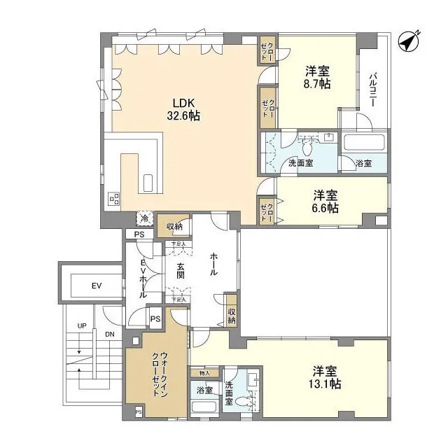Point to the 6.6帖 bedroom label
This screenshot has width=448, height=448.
pos(325,201)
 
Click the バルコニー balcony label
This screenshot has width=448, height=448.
pos(374,89)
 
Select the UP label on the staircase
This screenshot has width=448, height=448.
pos(81,326)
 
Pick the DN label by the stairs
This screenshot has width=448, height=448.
pos(109,335)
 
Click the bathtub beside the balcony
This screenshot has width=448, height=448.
pos(363,144)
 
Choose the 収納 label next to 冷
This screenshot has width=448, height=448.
pos(174,225)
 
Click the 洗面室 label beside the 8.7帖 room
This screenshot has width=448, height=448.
pos(300,163)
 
